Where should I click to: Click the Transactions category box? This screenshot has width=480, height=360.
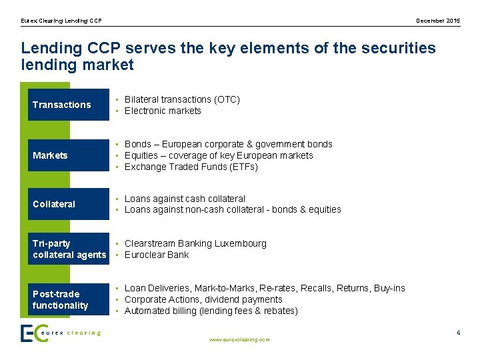[68, 105]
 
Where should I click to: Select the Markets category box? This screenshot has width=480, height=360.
[68, 155]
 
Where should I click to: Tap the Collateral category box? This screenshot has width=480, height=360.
[68, 204]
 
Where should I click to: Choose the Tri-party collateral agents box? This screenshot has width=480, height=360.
[68, 249]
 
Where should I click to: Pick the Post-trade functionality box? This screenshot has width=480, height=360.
[68, 299]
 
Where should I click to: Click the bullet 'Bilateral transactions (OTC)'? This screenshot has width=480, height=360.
[182, 99]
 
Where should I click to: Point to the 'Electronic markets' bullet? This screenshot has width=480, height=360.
[163, 111]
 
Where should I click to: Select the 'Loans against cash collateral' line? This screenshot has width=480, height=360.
[185, 199]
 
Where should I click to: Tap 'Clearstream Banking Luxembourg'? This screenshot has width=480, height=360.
[195, 243]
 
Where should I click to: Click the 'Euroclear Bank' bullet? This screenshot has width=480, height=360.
[157, 255]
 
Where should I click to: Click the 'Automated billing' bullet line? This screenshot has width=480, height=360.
[211, 311]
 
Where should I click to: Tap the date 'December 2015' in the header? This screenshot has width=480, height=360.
[438, 21]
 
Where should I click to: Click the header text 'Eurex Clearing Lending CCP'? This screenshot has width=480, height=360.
[61, 21]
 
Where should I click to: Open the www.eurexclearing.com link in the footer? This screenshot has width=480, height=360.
[239, 339]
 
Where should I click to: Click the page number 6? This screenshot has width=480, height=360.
[459, 332]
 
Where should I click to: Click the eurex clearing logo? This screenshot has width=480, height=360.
[61, 333]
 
